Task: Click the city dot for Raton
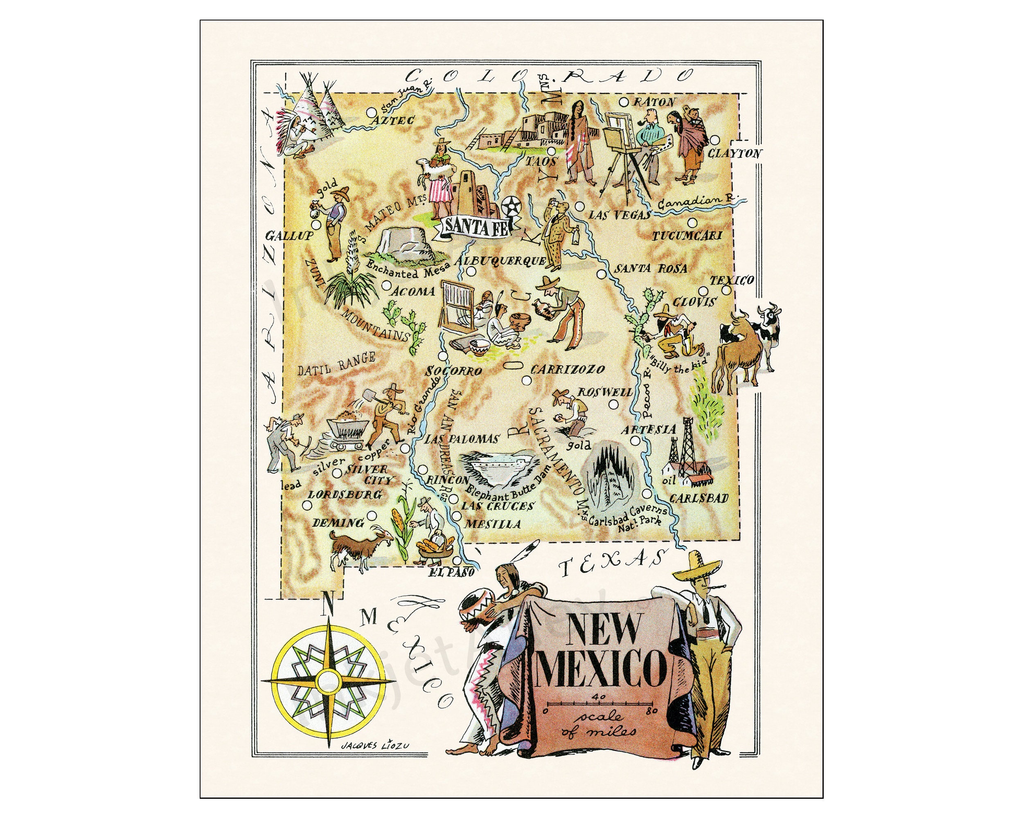[x=624, y=102]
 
